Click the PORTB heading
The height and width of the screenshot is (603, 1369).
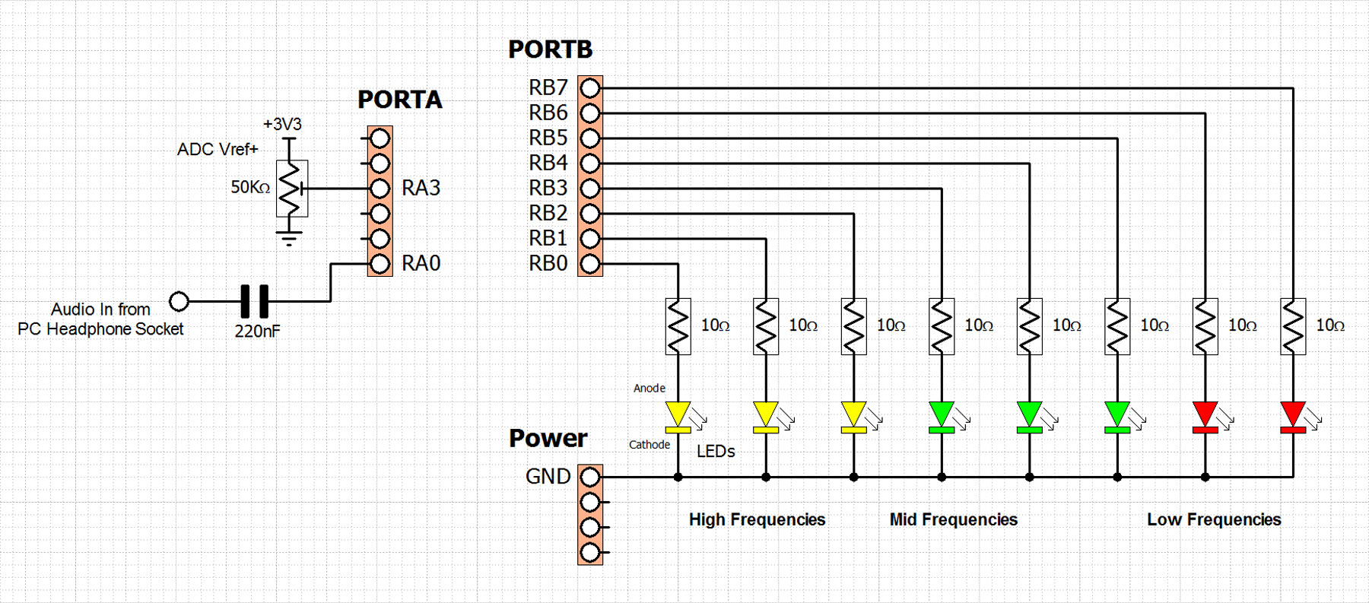click(x=550, y=49)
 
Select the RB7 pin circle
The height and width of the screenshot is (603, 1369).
click(x=590, y=88)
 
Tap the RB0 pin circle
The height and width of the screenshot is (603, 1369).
click(x=590, y=264)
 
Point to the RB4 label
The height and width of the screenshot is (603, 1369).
click(x=548, y=163)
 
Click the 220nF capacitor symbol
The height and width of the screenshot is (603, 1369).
click(x=255, y=301)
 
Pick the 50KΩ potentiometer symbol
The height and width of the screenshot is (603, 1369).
click(x=291, y=189)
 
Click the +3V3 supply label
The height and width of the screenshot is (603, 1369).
click(x=282, y=124)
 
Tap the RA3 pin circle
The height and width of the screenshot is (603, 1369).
click(x=380, y=189)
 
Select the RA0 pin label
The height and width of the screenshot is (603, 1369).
click(x=421, y=263)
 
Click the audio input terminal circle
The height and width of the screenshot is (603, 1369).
click(x=179, y=301)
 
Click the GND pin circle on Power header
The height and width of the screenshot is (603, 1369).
click(x=590, y=477)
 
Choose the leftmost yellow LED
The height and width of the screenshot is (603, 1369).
click(x=678, y=417)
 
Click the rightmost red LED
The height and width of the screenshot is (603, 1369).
click(x=1293, y=417)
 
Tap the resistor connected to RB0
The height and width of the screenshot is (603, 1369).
click(x=678, y=326)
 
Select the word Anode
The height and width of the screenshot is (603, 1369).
click(x=650, y=388)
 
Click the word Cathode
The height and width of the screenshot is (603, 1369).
click(x=650, y=445)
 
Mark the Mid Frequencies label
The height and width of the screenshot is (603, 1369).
click(x=954, y=519)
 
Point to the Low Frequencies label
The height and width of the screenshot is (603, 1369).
click(x=1214, y=519)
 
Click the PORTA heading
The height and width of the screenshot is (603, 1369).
click(x=400, y=100)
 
